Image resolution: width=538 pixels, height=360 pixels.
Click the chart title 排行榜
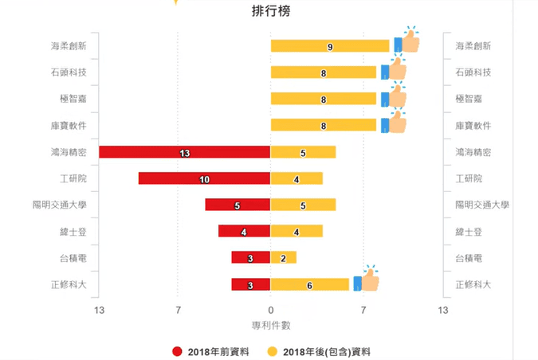[269, 11]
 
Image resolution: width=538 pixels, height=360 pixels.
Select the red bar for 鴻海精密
[184, 152]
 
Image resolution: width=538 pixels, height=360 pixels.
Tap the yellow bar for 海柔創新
[330, 46]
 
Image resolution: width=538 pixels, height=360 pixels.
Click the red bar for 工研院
[204, 178]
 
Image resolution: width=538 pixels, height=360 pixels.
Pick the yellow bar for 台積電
[283, 258]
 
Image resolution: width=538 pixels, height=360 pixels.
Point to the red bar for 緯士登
[244, 231]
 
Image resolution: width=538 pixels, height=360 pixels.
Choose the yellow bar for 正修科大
[310, 284]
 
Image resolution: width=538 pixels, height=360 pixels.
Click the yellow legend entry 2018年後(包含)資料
[318, 351]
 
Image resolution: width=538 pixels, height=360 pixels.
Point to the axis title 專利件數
[270, 325]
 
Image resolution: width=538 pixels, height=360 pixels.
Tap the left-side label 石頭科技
[69, 72]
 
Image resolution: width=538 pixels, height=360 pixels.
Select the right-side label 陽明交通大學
[482, 205]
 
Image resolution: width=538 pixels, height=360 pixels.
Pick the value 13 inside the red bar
[184, 152]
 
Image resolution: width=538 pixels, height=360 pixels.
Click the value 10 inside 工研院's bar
[204, 178]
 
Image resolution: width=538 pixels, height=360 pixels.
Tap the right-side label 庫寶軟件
[473, 126]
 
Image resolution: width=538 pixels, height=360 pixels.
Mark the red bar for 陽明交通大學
[238, 205]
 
